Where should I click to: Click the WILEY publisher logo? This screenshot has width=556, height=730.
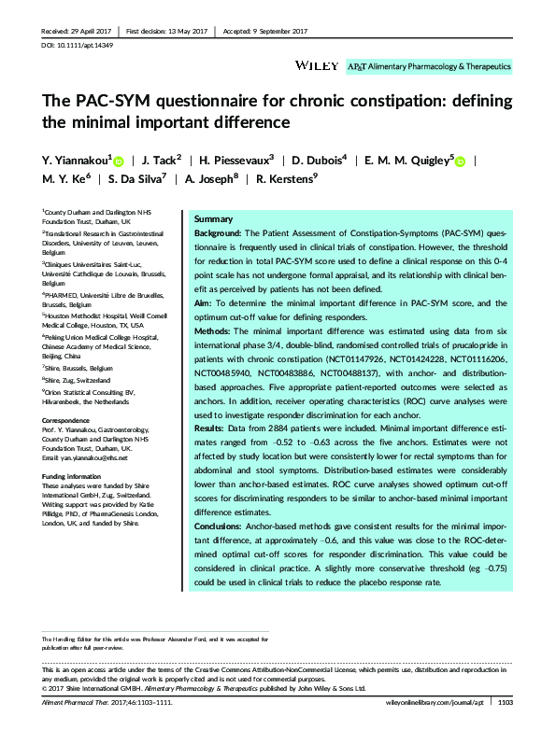pos(309,67)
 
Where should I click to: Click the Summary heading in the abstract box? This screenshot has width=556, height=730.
pos(212,217)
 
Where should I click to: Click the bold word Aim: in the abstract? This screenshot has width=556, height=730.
pos(203,302)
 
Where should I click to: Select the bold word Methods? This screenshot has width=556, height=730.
pos(214,330)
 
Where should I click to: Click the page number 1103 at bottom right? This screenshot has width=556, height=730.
pos(506,702)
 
